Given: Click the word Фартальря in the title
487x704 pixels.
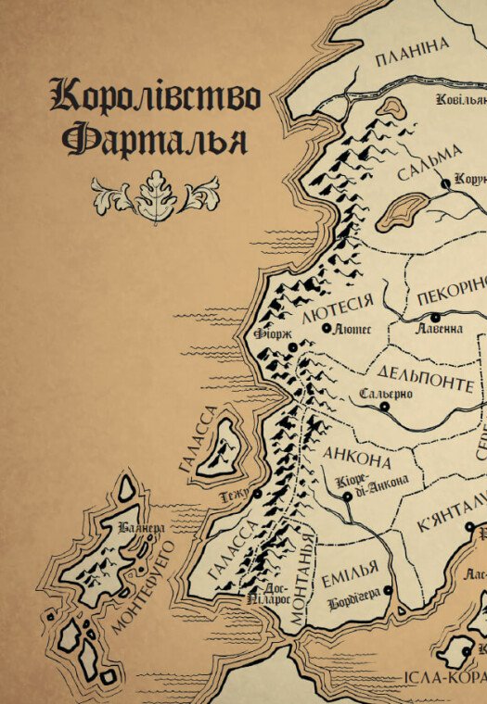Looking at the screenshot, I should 155,140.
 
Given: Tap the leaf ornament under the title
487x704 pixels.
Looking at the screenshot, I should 155,195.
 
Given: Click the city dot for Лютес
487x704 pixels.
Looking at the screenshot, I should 326,328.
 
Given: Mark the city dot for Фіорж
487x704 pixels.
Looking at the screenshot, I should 291,346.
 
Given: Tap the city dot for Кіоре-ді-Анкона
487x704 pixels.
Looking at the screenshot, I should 347,496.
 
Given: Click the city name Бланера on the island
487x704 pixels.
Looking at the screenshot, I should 142,528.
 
